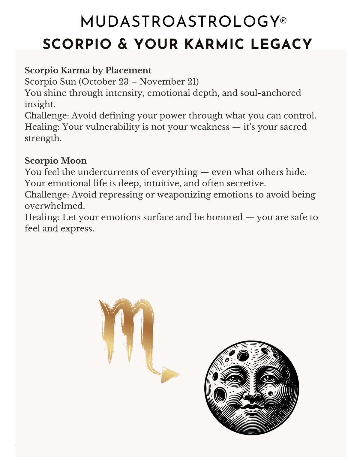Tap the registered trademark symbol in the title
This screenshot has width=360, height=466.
(x=283, y=21)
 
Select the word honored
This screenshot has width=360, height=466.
(x=224, y=217)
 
